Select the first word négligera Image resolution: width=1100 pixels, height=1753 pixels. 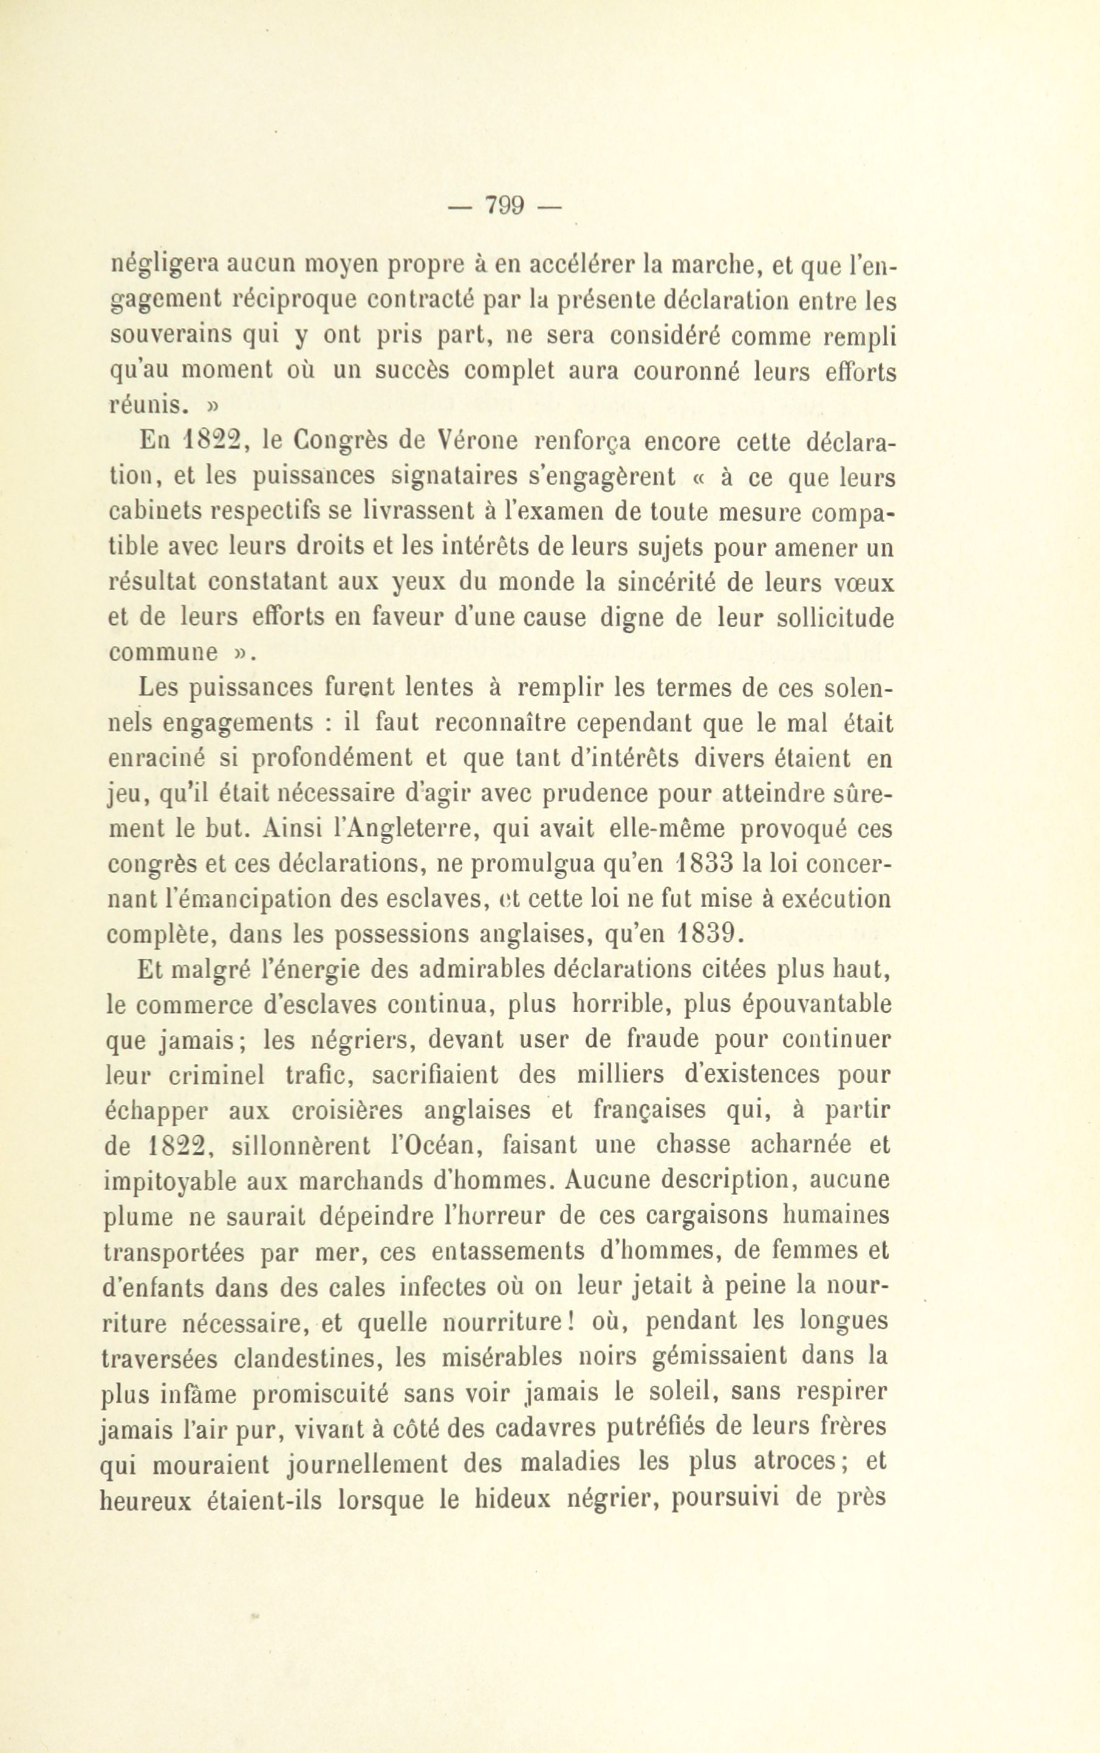click(162, 265)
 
